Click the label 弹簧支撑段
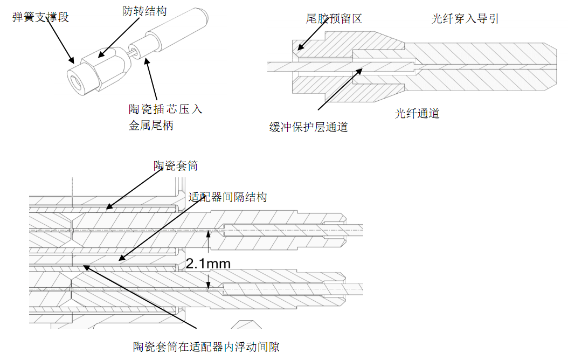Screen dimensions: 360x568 click(x=40, y=17)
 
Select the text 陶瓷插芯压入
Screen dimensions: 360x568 click(x=165, y=109)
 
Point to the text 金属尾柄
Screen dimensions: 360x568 click(x=151, y=125)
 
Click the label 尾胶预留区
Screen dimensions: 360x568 click(x=334, y=18)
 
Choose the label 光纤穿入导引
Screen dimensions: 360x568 click(x=465, y=19)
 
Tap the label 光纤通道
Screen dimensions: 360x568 click(x=417, y=113)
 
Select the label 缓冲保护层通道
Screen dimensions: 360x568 click(x=309, y=127)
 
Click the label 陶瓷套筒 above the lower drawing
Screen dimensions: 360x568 click(x=176, y=165)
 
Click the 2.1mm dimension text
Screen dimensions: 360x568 click(x=208, y=264)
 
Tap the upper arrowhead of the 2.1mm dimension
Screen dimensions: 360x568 click(x=209, y=232)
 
